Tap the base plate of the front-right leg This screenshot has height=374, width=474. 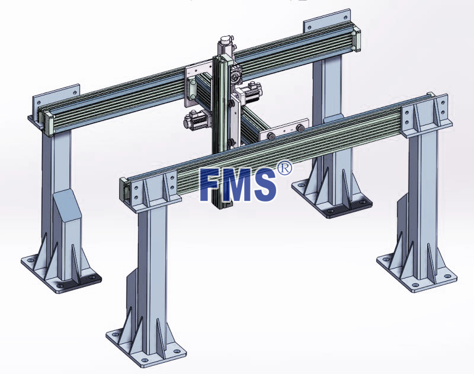coord(417,271)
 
